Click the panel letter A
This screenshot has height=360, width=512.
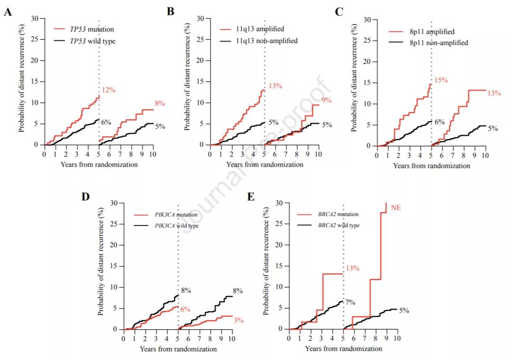pyautogui.click(x=8, y=12)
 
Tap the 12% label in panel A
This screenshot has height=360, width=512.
pyautogui.click(x=108, y=90)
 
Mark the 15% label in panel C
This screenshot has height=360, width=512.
pyautogui.click(x=441, y=80)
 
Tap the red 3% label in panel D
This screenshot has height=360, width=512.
pyautogui.click(x=238, y=321)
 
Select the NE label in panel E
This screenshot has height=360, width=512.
pyautogui.click(x=396, y=207)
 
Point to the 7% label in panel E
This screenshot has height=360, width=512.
pyautogui.click(x=350, y=302)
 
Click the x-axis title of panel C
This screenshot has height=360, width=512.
pyautogui.click(x=431, y=166)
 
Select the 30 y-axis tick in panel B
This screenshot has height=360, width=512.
pyautogui.click(x=201, y=19)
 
